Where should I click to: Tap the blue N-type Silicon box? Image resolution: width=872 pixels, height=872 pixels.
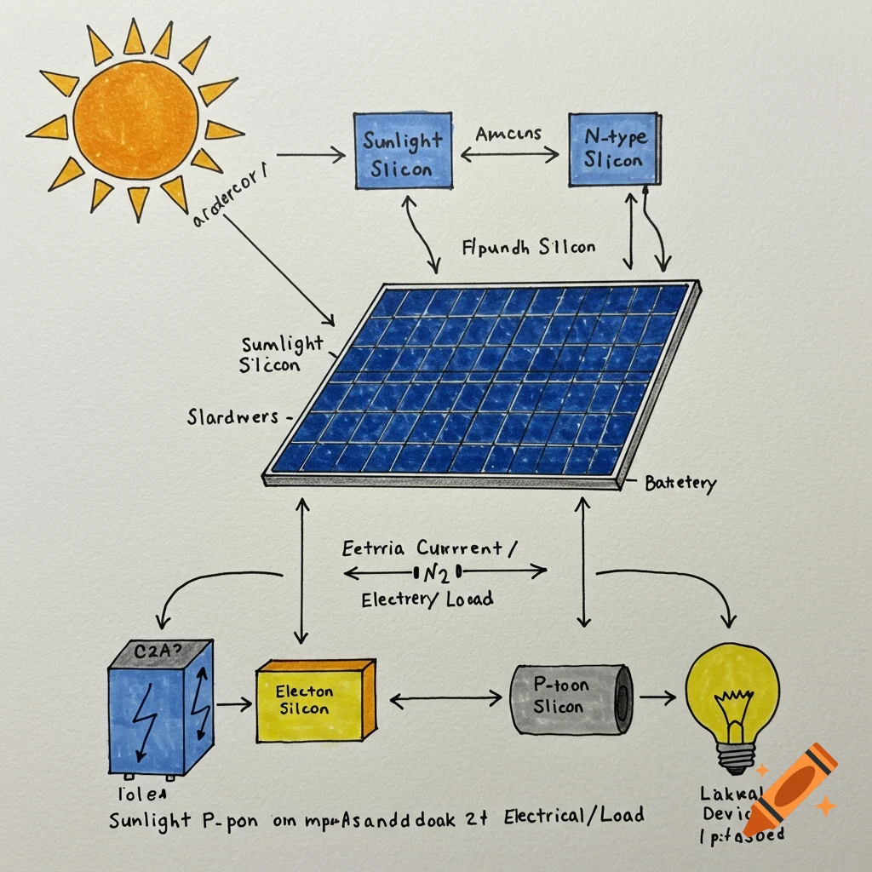tap(611, 148)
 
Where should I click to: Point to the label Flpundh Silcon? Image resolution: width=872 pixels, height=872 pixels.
tap(528, 248)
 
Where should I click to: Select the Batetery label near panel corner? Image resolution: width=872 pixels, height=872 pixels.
tap(680, 484)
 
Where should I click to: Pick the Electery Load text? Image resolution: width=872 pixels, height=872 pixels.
tap(426, 599)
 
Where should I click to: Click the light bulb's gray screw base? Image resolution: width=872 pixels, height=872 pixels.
tap(735, 753)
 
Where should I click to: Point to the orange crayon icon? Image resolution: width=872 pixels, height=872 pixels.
tap(788, 787)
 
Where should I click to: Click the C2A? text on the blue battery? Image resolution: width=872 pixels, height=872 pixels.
tap(158, 653)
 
